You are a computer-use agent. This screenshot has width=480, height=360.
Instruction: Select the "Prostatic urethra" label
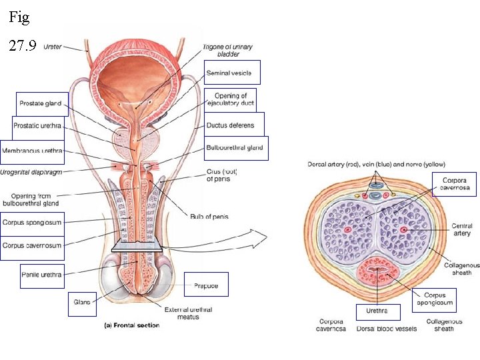[40, 127]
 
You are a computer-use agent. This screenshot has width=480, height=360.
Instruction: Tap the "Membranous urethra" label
[32, 151]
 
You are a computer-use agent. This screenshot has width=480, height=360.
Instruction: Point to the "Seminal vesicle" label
[228, 72]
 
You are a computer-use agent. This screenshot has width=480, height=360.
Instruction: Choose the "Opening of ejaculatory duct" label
[230, 99]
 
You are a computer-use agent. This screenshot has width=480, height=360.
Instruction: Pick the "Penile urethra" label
[42, 275]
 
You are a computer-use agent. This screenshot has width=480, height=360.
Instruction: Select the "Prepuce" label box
[206, 285]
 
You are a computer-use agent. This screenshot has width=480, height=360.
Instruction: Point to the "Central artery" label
[461, 230]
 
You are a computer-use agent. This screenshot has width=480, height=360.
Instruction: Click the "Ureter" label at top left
[53, 47]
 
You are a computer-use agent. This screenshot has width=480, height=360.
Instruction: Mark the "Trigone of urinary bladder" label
[229, 50]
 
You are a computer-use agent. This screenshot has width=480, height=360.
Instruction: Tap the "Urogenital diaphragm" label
[31, 171]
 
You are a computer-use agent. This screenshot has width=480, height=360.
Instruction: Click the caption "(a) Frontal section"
[131, 325]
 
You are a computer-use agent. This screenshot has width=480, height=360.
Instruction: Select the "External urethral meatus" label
[188, 313]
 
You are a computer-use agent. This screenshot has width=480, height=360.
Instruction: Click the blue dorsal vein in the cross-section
[377, 196]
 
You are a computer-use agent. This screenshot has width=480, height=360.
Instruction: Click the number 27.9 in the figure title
[22, 46]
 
